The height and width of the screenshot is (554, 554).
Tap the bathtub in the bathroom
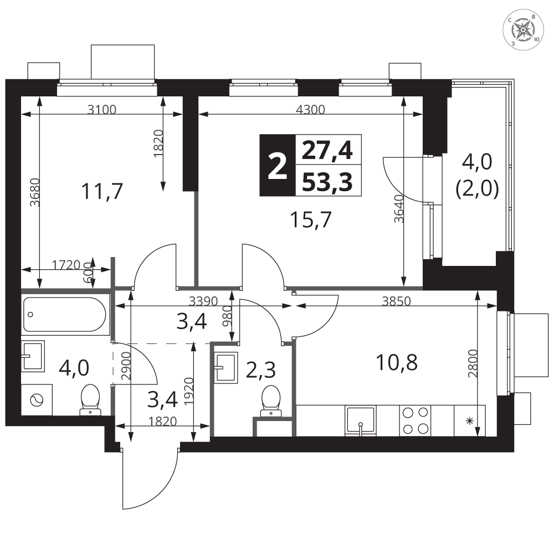[64, 315]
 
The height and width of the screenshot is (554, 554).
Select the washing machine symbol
[37, 400]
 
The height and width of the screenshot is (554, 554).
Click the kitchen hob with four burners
[416, 420]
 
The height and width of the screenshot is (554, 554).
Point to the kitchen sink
[361, 420]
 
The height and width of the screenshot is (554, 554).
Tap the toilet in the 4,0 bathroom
[90, 399]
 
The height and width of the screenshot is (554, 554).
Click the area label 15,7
[311, 219]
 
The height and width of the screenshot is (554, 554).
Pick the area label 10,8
[397, 362]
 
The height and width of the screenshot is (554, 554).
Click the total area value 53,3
[328, 182]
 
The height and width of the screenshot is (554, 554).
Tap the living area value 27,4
[327, 151]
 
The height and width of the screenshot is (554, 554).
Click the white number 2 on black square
[278, 165]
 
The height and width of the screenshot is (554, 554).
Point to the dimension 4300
[310, 110]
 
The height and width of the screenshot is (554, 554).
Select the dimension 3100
[102, 110]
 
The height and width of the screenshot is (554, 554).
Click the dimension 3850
[397, 301]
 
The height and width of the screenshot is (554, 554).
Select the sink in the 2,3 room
[226, 367]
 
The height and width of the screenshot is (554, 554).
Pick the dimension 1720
[66, 265]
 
